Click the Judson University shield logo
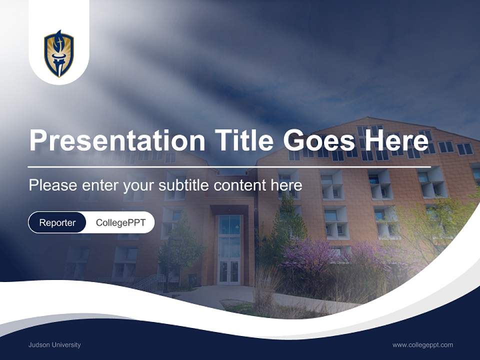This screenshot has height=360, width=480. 59,53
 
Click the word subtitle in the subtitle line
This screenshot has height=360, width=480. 184,185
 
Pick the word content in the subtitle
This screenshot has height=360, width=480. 240,185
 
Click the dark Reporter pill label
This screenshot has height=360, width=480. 57,222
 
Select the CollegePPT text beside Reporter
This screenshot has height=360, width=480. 120,222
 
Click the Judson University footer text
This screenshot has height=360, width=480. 54,345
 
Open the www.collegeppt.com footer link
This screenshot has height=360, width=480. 422,345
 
